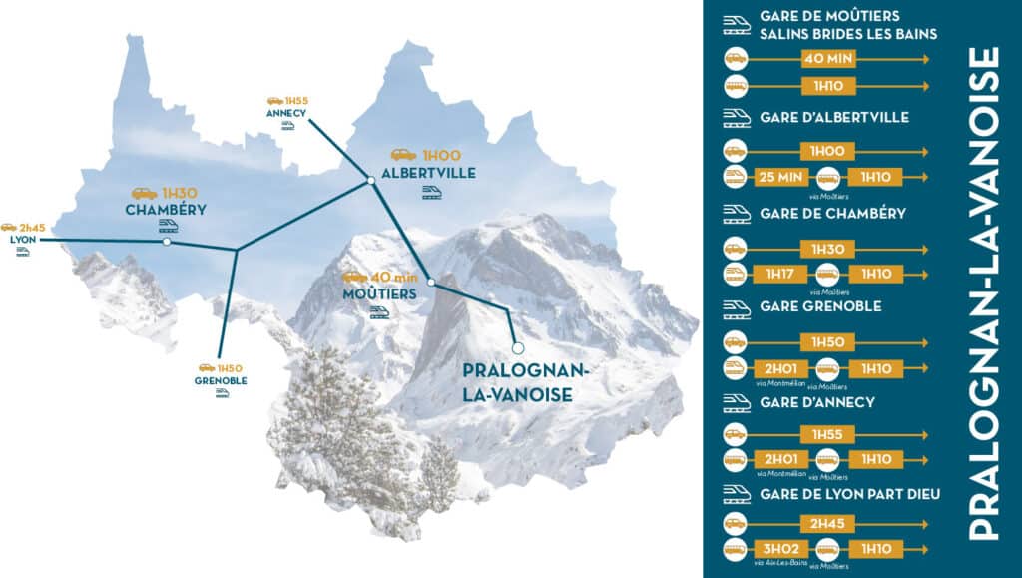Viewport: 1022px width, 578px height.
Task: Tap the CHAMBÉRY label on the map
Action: [166, 210]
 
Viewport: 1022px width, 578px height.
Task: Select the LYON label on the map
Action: [21, 241]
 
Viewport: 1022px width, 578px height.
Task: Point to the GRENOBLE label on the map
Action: [222, 380]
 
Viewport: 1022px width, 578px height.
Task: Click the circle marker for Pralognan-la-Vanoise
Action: [517, 347]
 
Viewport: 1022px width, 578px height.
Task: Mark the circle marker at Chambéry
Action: [167, 242]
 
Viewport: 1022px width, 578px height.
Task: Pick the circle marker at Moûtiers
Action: [431, 283]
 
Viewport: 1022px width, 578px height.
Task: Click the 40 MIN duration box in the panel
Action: [827, 59]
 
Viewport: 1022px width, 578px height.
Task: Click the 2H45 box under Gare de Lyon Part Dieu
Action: [827, 522]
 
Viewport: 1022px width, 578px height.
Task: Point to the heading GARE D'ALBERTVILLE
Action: [833, 117]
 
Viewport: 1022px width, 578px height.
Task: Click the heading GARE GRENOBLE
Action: [820, 306]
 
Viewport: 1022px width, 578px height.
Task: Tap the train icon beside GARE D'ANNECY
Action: [737, 402]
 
